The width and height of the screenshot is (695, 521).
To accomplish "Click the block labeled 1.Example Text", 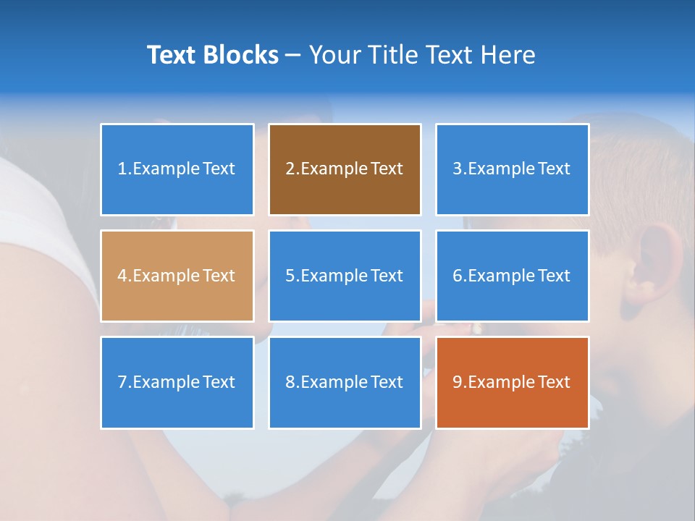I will click(177, 169).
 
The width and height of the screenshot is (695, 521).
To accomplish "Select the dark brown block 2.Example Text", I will click(345, 169).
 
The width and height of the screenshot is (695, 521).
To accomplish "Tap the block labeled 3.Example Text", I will click(512, 169).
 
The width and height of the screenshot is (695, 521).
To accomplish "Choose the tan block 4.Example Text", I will click(177, 276).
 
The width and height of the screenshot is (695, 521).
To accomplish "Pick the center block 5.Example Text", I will click(345, 276).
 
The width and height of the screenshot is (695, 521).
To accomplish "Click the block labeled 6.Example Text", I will click(512, 276).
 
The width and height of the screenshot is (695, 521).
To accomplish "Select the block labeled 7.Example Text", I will click(177, 382).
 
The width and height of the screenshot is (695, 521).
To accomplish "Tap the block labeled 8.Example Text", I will click(345, 382).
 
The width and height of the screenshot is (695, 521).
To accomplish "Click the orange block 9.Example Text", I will click(512, 382).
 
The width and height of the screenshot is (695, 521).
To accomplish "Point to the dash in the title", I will click(293, 55).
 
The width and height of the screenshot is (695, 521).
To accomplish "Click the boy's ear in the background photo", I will click(652, 264).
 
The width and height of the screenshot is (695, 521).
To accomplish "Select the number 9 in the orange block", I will click(458, 382).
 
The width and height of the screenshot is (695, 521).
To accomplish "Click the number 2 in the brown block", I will click(290, 169).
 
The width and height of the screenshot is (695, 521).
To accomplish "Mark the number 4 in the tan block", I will click(122, 276).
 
